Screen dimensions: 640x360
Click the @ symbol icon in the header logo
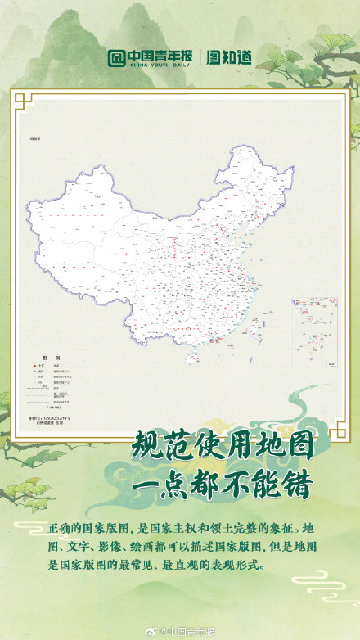coord(117,58)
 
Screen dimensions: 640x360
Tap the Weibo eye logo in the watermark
coord(151,631)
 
